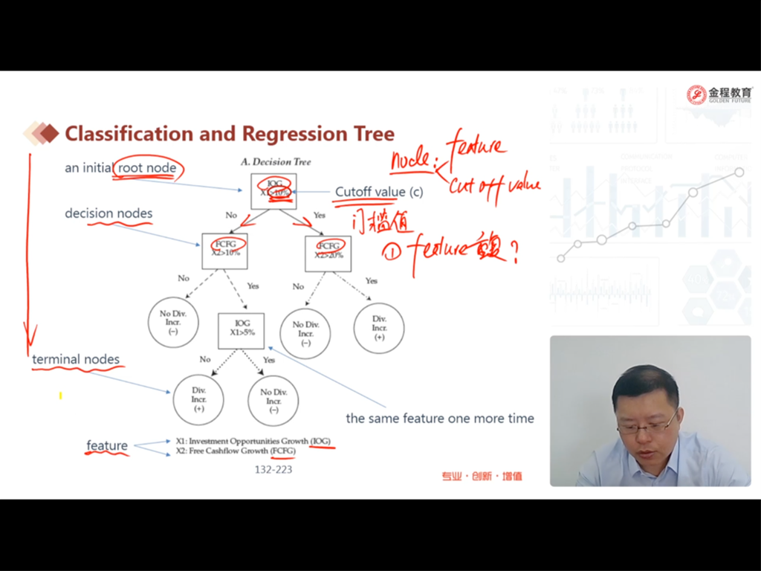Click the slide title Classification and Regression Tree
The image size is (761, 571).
[230, 134]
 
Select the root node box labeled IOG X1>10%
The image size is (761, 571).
[273, 191]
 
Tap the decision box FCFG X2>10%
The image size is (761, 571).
[224, 251]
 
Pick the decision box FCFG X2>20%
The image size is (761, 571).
[328, 253]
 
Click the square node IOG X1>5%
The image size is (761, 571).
[242, 330]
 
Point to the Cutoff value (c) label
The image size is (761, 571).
[378, 192]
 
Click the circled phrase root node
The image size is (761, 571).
[147, 168]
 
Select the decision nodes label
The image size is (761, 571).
[109, 213]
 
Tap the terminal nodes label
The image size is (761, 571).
[76, 360]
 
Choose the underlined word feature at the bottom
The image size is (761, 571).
[107, 445]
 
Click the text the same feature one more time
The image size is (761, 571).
[440, 419]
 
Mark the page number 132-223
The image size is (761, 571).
[273, 470]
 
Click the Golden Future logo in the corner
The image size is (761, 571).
[719, 94]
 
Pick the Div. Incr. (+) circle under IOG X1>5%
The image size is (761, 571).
[198, 399]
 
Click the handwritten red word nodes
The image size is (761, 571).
[410, 158]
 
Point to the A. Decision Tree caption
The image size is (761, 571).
[276, 162]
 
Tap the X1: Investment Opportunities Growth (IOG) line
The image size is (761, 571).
[253, 441]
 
